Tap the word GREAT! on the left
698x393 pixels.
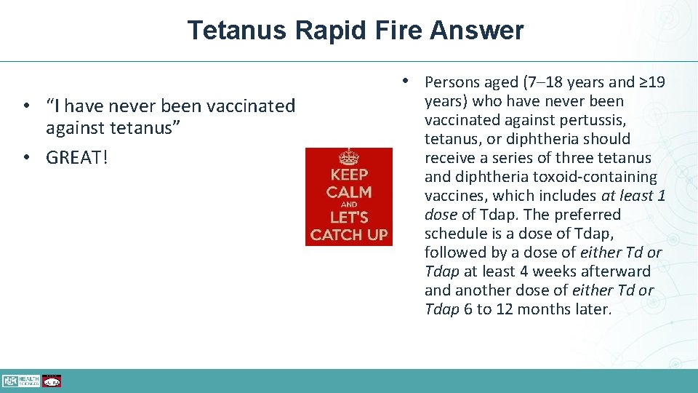76,158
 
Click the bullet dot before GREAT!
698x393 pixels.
25,158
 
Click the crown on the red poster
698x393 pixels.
349,156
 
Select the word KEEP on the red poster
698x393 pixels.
349,175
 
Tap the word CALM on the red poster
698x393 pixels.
349,192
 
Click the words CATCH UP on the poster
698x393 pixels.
349,235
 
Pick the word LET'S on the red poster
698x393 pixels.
349,218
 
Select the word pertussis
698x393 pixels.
591,120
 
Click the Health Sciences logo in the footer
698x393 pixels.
20,381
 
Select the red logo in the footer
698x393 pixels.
52,381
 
